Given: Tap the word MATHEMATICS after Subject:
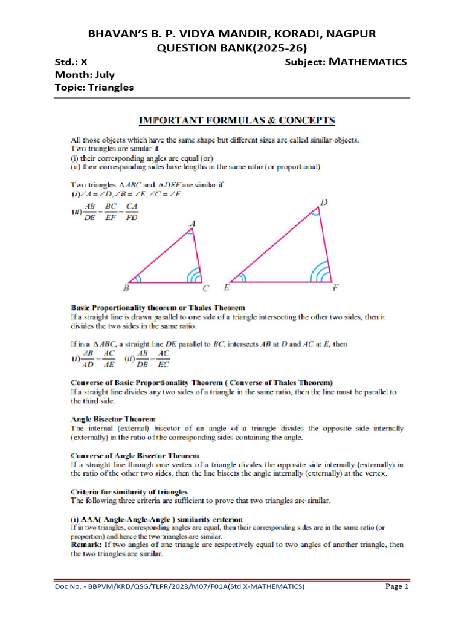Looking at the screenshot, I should [x=370, y=62].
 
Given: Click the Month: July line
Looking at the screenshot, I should [x=85, y=75].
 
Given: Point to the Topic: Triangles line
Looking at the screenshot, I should [x=94, y=88].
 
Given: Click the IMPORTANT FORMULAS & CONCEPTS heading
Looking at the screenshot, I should [x=238, y=120].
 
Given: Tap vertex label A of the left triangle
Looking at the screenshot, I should [x=192, y=224].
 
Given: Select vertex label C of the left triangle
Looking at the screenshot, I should [x=206, y=288].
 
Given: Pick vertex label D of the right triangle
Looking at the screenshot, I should [x=324, y=203].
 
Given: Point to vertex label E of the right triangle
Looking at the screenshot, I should [x=226, y=288].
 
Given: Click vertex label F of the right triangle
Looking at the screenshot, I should [x=336, y=288].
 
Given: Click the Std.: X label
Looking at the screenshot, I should [x=71, y=62].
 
